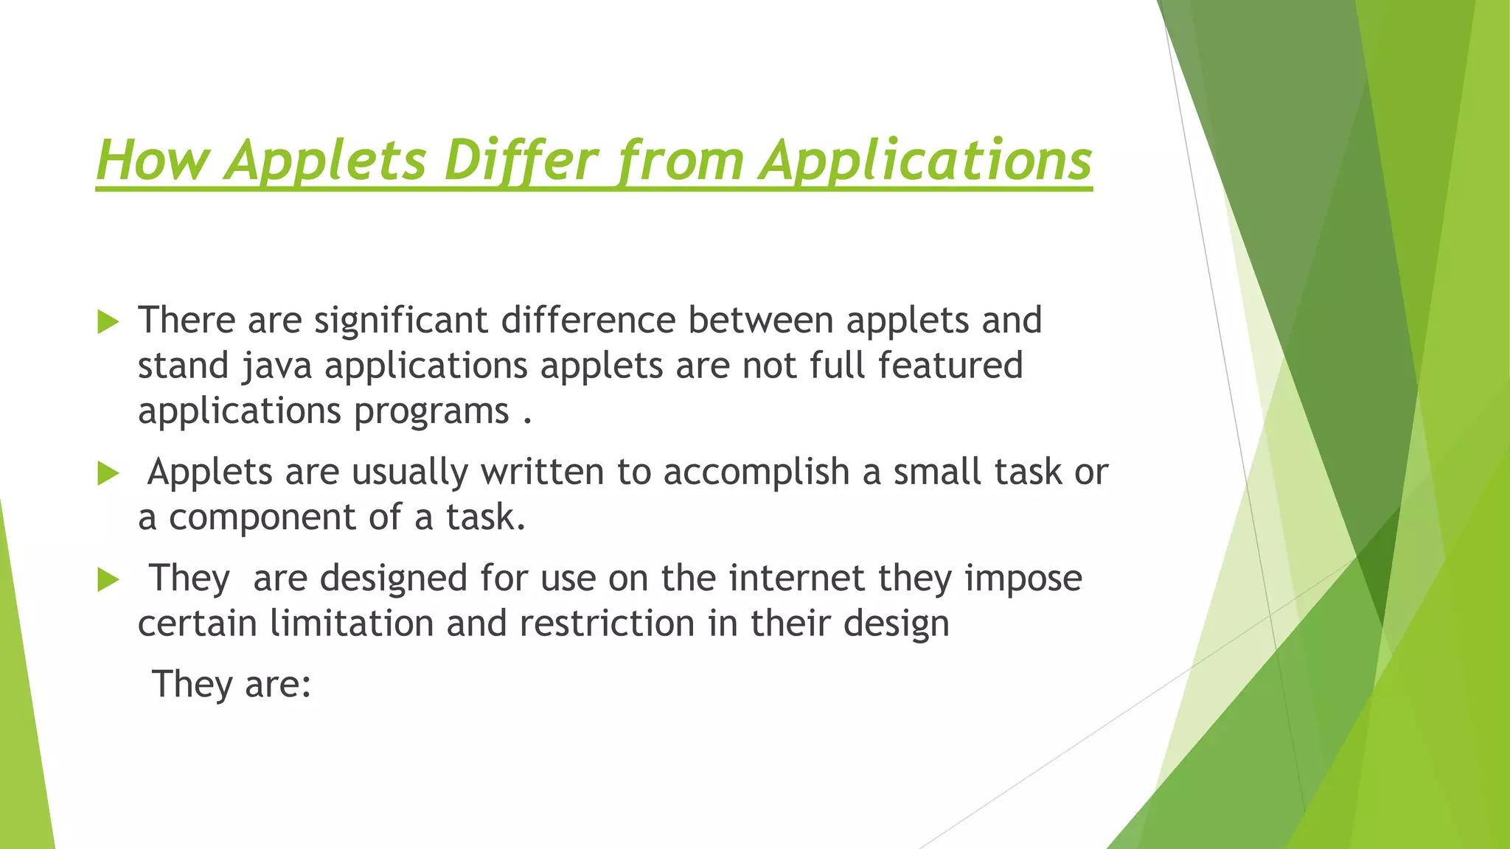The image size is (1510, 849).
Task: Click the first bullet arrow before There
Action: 108,322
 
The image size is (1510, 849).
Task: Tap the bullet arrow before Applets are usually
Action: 108,474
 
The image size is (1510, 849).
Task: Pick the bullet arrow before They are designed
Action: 108,580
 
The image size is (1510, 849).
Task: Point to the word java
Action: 276,366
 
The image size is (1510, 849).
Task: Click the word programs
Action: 431,412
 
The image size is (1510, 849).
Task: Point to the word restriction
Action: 607,624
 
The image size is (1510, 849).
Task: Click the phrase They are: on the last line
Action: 232,685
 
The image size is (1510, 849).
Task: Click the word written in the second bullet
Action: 542,472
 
